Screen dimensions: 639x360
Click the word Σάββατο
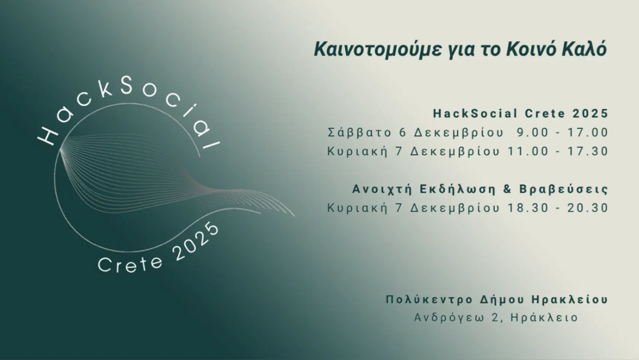tap(359, 132)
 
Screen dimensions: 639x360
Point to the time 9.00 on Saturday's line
tap(532, 132)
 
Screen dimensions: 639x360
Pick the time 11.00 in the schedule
tap(528, 151)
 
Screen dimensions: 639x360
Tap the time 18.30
tap(528, 208)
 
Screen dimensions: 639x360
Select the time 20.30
tap(588, 208)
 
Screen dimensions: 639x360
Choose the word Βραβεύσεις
tap(564, 189)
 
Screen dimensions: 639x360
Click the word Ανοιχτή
tap(382, 190)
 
